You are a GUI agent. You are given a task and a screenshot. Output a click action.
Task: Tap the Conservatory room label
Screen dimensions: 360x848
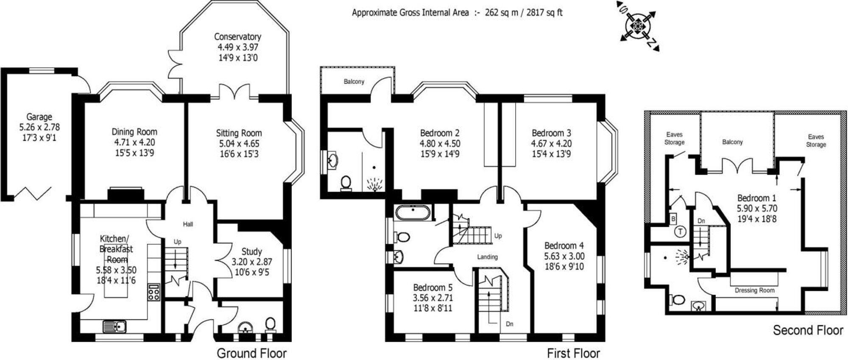(x=237, y=37)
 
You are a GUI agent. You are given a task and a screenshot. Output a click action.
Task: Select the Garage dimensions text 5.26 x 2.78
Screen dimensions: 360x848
(x=39, y=127)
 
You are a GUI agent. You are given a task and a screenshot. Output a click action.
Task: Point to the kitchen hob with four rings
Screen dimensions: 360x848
(x=153, y=293)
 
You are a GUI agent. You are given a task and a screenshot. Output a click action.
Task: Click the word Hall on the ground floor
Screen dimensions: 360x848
(x=188, y=224)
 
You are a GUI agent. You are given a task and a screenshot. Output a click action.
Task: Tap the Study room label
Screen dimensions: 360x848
(x=251, y=251)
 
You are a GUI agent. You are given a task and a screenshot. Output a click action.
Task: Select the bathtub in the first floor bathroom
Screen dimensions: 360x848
(x=413, y=212)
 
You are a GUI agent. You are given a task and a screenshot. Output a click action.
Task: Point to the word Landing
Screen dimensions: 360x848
(x=487, y=257)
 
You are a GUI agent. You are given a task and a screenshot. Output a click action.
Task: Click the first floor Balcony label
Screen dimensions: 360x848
(x=354, y=81)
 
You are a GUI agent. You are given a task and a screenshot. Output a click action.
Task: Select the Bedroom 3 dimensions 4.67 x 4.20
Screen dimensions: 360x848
(x=551, y=143)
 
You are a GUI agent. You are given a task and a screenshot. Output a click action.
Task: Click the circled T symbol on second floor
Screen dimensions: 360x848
(x=679, y=232)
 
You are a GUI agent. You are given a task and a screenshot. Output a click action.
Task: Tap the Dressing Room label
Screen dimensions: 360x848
(x=754, y=290)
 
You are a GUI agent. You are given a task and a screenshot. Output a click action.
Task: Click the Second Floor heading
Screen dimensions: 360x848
(x=808, y=330)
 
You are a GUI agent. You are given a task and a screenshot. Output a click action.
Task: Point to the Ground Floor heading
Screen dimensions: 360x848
(x=251, y=353)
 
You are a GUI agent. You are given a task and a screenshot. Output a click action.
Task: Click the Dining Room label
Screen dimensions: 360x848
(x=134, y=132)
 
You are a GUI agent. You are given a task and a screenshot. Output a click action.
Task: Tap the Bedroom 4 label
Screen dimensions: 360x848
(x=564, y=246)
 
